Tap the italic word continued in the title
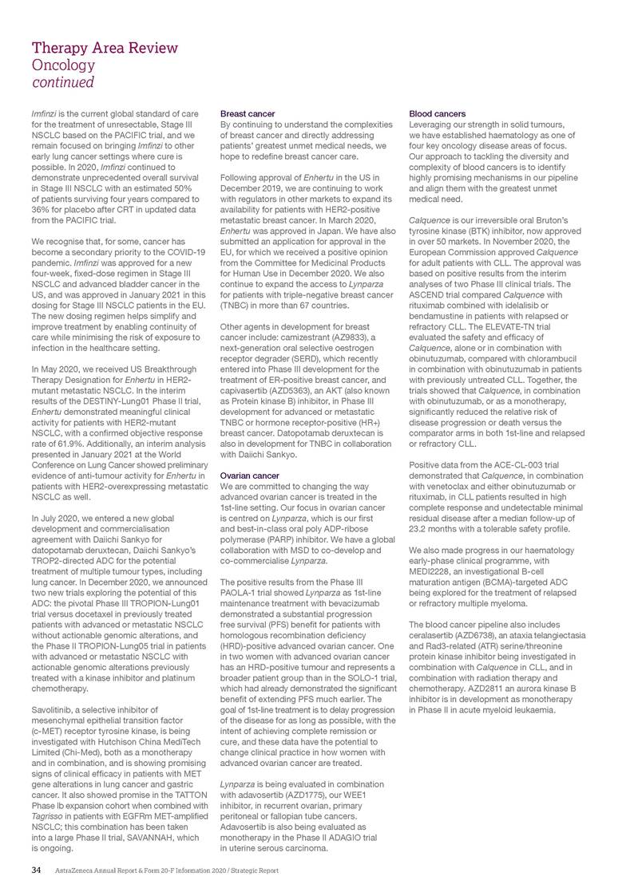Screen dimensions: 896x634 (x=63, y=82)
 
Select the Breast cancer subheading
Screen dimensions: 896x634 (x=248, y=114)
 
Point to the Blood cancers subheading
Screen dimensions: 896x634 (x=438, y=114)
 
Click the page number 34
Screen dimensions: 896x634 (x=35, y=870)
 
